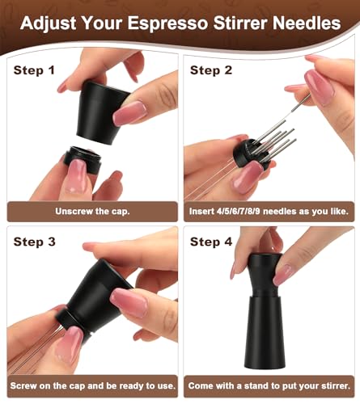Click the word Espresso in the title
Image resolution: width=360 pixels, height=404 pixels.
point(167,23)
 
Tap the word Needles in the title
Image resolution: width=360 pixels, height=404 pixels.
point(307,23)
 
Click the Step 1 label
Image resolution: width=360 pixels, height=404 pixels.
point(34,70)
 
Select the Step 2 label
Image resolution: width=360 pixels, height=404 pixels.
point(211,70)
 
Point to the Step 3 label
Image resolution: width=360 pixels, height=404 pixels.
point(34,242)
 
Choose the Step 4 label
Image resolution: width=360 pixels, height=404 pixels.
point(211,242)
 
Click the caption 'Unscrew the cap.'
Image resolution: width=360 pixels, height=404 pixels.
point(92,211)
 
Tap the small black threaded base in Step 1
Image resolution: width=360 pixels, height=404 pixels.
point(83,159)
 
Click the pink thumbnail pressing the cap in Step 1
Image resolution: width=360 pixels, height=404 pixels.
point(129,113)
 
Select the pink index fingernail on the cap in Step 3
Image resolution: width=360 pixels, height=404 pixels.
point(129,302)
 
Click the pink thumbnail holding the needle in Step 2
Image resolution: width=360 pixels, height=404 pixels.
point(320,83)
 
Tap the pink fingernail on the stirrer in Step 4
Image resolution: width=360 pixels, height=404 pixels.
point(282,275)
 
